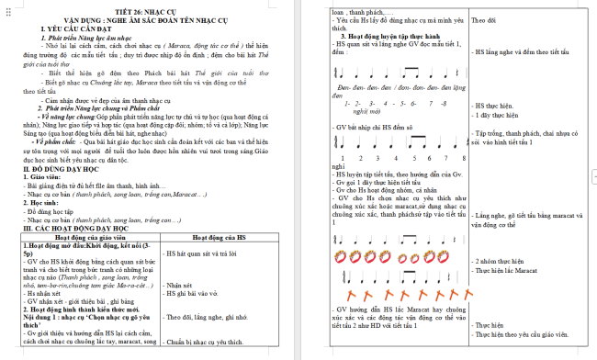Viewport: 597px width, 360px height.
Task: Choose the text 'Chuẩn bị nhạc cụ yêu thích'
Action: point(208,342)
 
